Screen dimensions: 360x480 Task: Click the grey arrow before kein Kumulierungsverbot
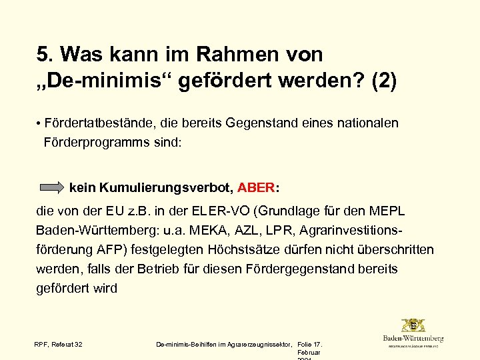tap(52, 187)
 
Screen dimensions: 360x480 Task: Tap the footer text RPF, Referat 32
tap(59, 344)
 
